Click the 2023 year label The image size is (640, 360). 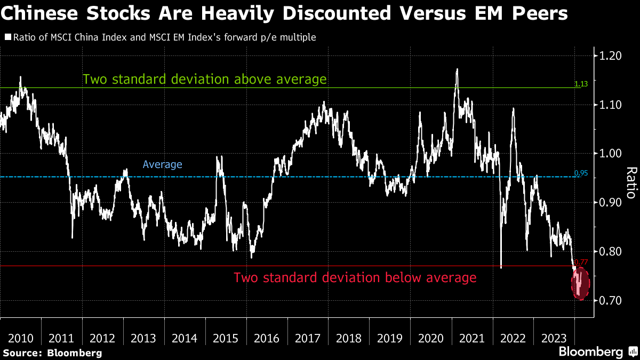[x=554, y=338]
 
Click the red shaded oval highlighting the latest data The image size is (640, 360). [x=580, y=283]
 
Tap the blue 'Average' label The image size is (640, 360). [x=163, y=165]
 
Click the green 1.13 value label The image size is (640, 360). [x=581, y=84]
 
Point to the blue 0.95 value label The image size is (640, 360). [x=581, y=173]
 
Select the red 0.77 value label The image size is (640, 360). [x=581, y=261]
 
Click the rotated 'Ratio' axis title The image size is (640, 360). [x=631, y=182]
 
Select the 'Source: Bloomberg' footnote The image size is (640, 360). [x=52, y=353]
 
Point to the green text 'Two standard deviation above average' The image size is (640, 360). [x=204, y=79]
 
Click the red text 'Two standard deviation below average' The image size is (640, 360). [x=355, y=278]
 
